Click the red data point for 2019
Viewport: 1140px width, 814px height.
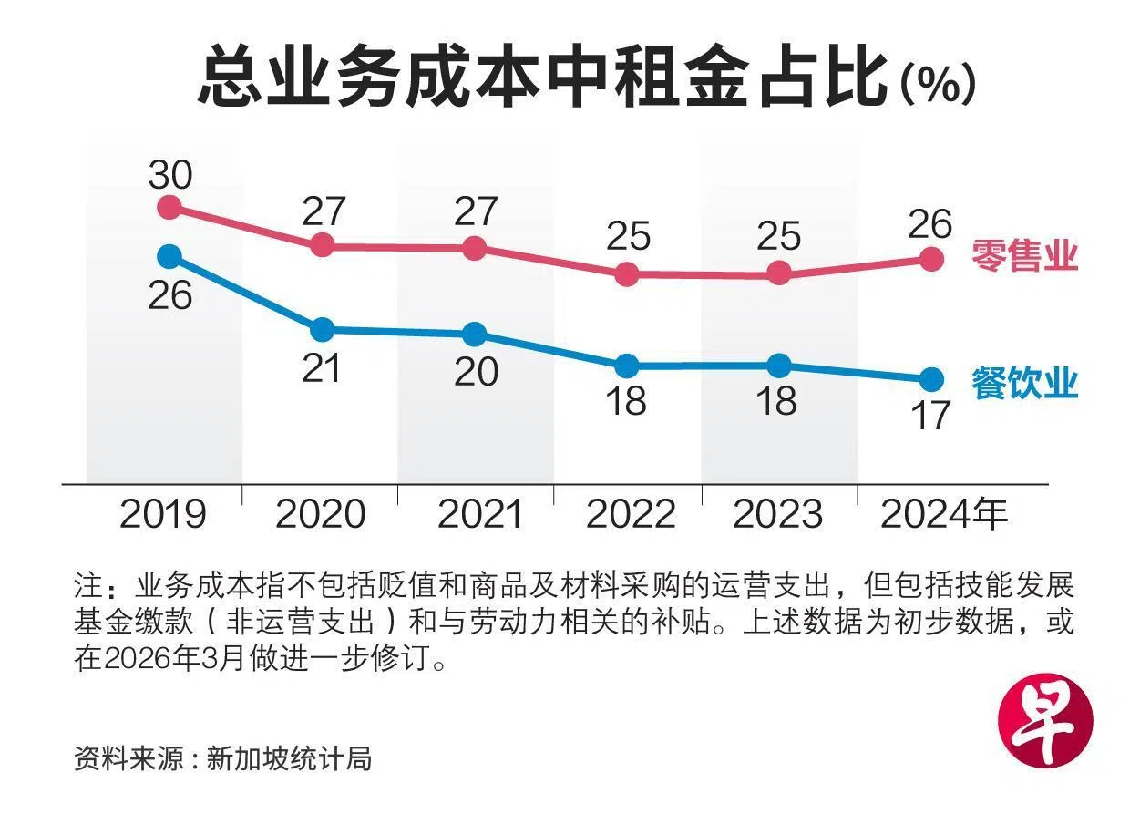coord(169,207)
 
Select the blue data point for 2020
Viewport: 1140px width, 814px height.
coord(322,329)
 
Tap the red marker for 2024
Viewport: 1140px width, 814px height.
coord(930,259)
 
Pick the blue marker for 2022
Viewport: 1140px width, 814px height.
coord(626,366)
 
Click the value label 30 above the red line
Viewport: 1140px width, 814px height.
coord(170,173)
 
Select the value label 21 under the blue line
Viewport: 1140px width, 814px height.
coord(321,368)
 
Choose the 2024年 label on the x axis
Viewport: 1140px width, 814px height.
coord(944,516)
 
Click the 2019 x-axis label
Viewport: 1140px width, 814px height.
coord(164,516)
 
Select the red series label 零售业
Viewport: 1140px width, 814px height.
coord(1024,255)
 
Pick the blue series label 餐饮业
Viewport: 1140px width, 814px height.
coord(1024,383)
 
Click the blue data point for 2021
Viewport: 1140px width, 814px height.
coord(474,334)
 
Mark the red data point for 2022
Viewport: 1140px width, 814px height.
coord(626,273)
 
